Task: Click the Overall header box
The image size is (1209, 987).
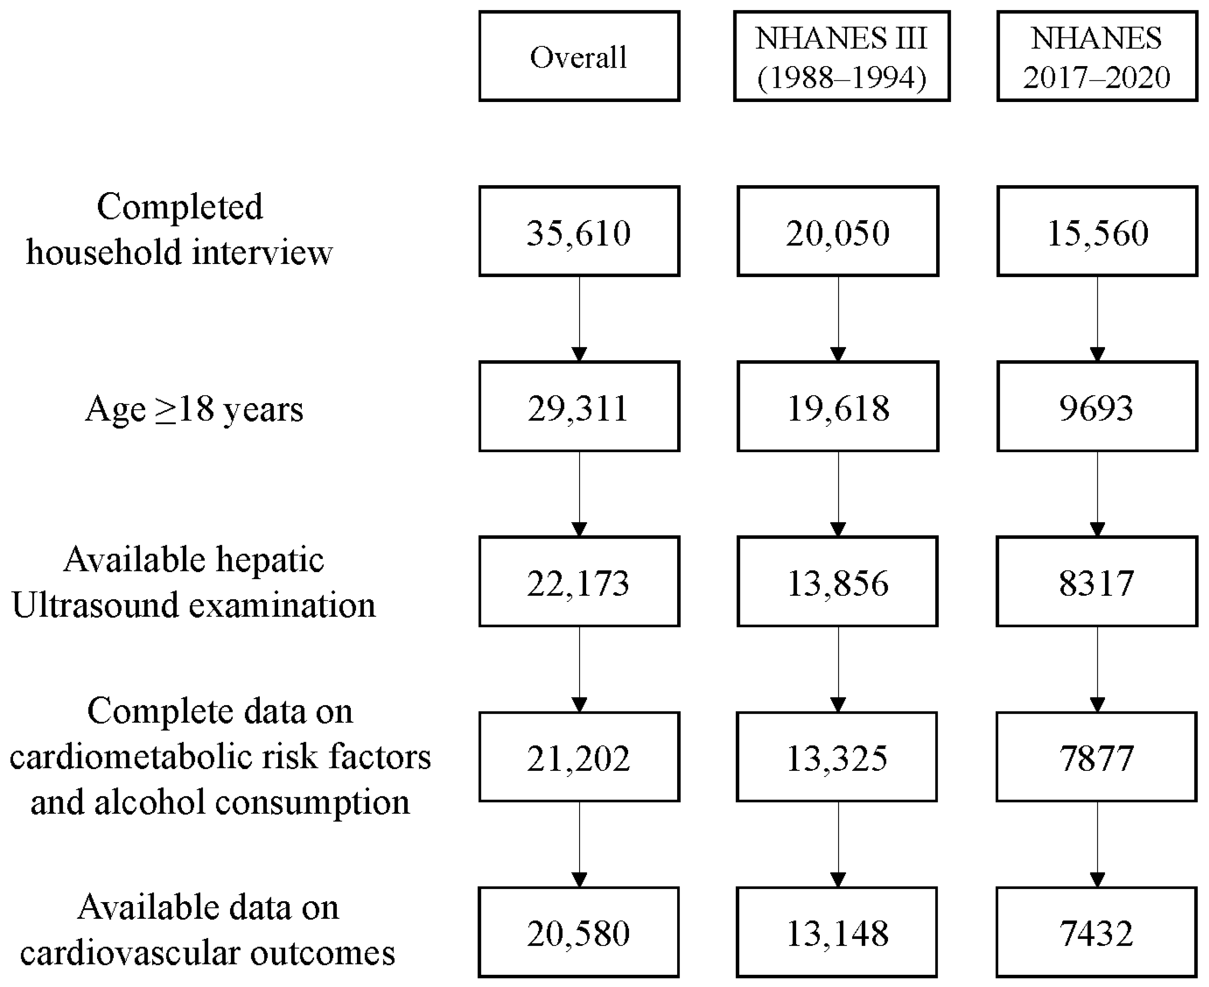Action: coord(579,56)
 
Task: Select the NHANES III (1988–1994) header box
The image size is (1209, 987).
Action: coord(841,56)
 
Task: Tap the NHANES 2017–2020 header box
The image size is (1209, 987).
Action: coord(1096,56)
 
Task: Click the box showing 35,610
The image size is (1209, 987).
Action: coord(579,231)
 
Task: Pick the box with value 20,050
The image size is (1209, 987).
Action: coord(837,231)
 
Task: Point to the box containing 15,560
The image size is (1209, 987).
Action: coord(1096,231)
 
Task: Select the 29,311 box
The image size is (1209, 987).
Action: coord(579,406)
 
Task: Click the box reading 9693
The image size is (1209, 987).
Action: coord(1096,406)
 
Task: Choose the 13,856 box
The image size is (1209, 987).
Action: coord(837,581)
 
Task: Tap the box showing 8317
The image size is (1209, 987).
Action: coord(1096,581)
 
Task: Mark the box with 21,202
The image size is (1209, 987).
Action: coord(579,757)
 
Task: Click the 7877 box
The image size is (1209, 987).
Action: coord(1096,757)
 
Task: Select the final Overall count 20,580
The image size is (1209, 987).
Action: coord(579,932)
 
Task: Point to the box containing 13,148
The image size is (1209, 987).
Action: coord(837,932)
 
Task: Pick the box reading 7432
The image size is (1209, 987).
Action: coord(1096,932)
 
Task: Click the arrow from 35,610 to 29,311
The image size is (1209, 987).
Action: coord(579,318)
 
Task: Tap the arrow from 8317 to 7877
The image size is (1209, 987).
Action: coord(1097,669)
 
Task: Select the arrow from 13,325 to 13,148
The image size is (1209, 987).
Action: coord(838,844)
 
